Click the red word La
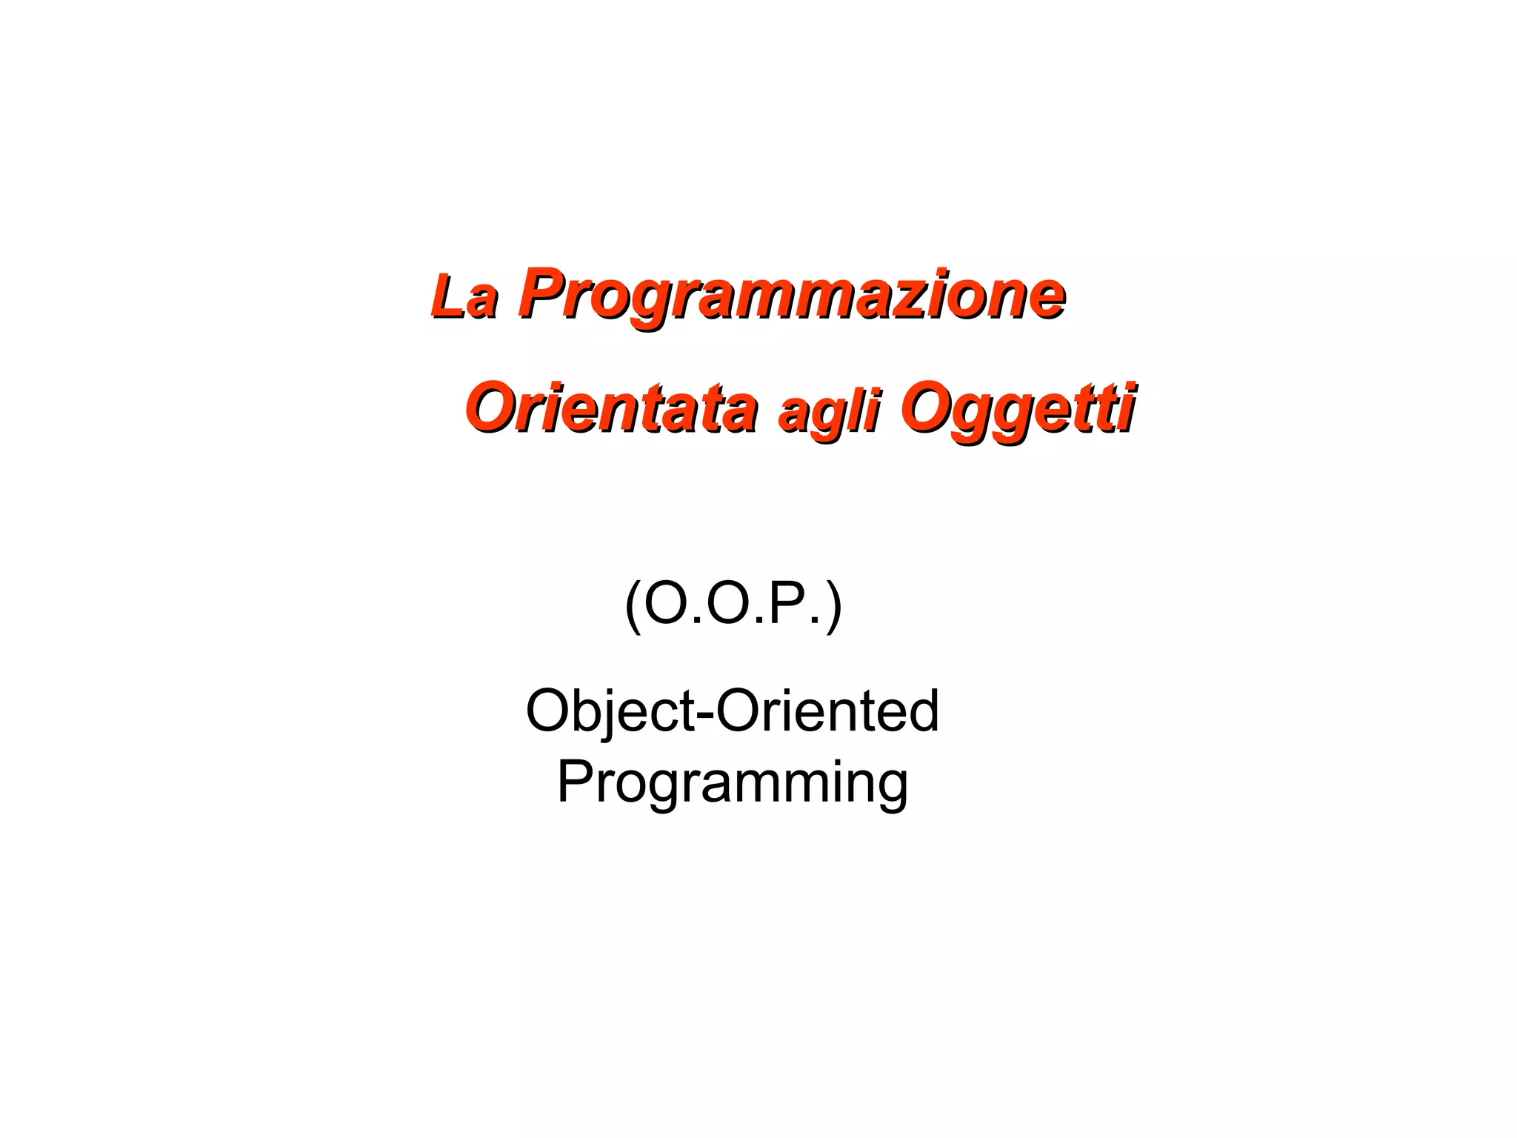[x=464, y=298]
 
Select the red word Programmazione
[x=791, y=295]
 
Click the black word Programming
[x=732, y=782]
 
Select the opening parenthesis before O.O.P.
[x=633, y=606]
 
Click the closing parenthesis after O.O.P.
[x=834, y=606]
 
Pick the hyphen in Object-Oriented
[x=704, y=713]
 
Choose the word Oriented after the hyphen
[x=827, y=711]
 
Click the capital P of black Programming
[x=574, y=781]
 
